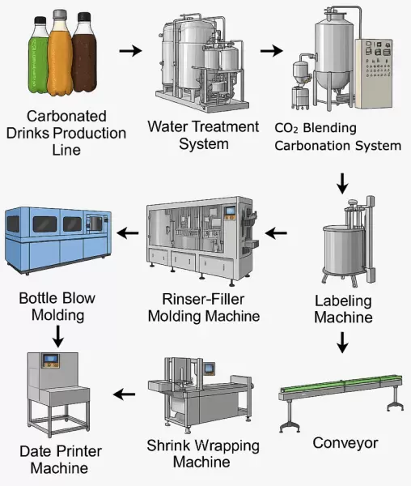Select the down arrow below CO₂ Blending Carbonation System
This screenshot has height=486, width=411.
coord(342,183)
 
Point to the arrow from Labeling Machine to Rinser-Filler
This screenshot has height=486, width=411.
coord(277,233)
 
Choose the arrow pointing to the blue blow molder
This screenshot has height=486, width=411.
coord(127,234)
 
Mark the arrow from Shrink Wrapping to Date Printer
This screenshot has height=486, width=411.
coord(123,394)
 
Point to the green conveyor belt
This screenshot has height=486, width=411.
coord(340,390)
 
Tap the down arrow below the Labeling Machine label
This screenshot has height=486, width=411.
coord(342,343)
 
